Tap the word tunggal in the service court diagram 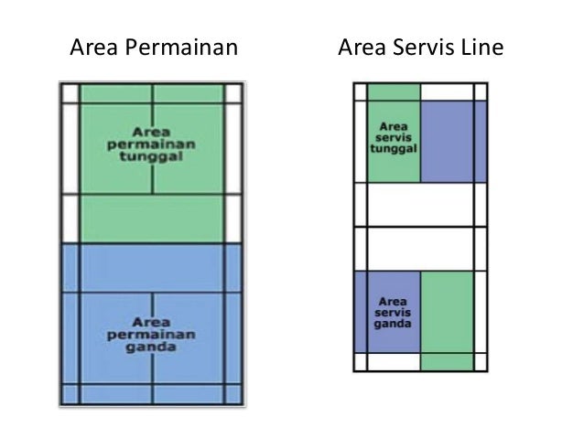point(394,148)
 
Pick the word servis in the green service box point(394,135)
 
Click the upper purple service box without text point(447,141)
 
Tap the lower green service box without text point(447,311)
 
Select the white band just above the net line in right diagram point(421,204)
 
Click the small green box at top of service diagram point(394,91)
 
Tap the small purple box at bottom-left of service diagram point(360,311)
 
